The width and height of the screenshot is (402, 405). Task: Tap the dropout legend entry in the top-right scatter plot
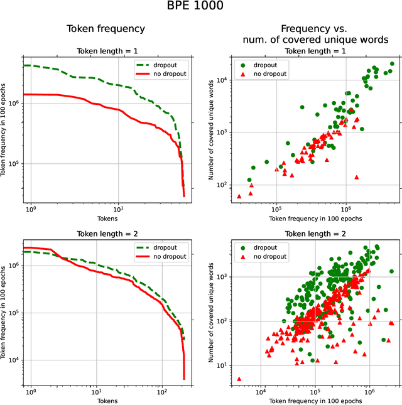[x=257, y=65]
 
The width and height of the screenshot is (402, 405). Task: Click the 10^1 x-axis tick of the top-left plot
[x=118, y=208]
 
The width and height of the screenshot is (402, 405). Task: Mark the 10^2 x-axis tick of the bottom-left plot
[x=161, y=391]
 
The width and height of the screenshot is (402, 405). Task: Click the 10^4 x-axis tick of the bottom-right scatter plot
[x=262, y=391]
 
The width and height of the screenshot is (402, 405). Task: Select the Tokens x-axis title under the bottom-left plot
[x=105, y=400]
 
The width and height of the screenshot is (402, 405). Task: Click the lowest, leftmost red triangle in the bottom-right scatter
[x=239, y=379]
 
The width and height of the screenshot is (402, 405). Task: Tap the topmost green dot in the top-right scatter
[x=392, y=64]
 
